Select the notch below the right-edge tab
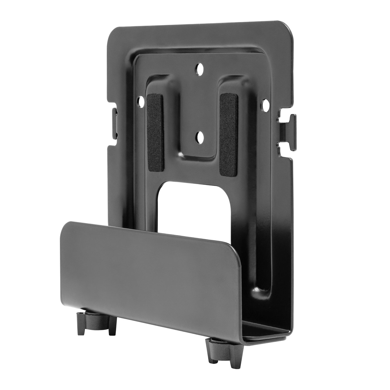pos(280,143)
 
